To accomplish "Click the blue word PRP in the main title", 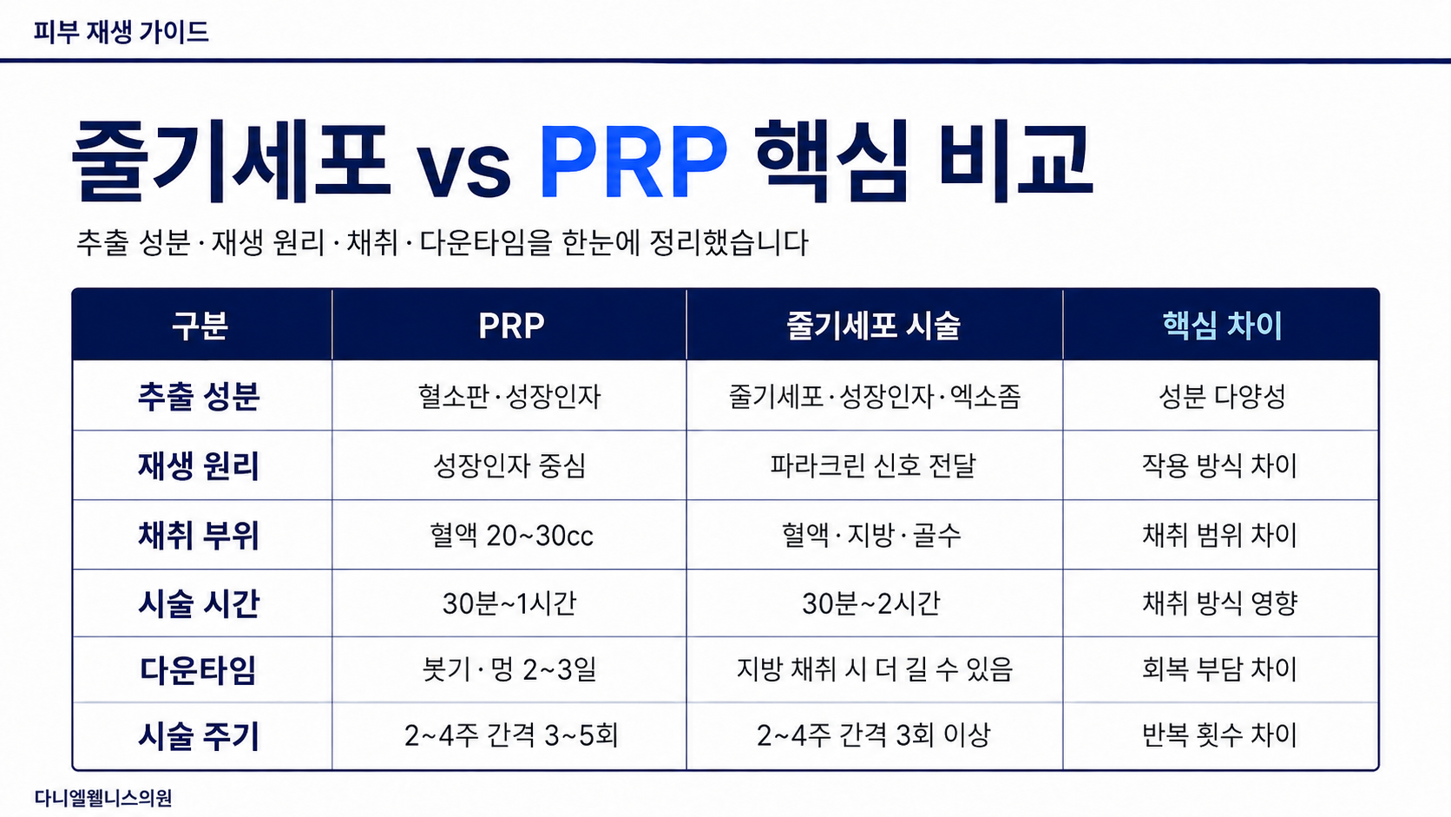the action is click(x=634, y=161).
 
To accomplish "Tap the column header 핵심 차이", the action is click(x=1223, y=326).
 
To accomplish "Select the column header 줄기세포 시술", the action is click(x=873, y=326).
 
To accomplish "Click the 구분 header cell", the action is click(x=200, y=326).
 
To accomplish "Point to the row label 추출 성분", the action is click(x=199, y=397).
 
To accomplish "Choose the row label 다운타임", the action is click(x=198, y=670).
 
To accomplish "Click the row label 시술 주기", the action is click(x=199, y=736).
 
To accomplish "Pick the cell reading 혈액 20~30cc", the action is click(x=511, y=535).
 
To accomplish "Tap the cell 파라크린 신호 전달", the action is click(x=872, y=466).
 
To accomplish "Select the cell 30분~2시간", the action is click(x=871, y=603).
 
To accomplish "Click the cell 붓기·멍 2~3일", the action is click(x=509, y=669).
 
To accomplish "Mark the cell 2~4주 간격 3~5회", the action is click(x=511, y=735).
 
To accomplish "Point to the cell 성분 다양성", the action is click(x=1222, y=397).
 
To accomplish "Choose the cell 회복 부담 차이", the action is click(x=1220, y=669).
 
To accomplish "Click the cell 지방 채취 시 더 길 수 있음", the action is click(x=875, y=669).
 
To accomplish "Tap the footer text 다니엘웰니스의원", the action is click(x=103, y=798).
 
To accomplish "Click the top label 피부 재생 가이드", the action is click(x=121, y=32).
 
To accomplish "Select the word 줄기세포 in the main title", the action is click(x=231, y=161).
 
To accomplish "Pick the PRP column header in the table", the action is click(x=511, y=326).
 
